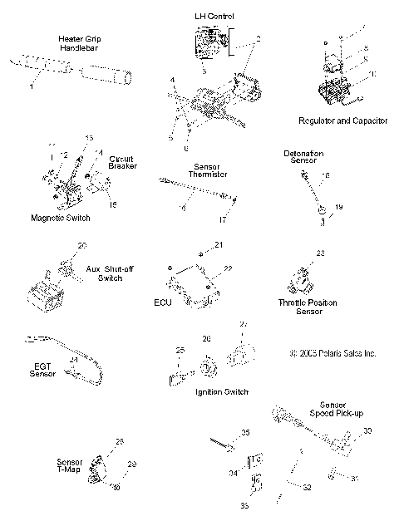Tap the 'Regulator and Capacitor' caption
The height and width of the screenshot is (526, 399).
point(342,120)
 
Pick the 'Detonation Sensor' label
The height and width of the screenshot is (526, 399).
point(303,158)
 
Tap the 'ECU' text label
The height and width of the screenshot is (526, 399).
point(162,303)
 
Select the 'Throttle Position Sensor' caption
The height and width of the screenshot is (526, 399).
point(307,307)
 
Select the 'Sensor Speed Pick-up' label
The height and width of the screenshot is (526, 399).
point(330,409)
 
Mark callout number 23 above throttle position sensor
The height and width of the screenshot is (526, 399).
point(320,253)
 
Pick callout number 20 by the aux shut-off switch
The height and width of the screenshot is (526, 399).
point(81,246)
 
